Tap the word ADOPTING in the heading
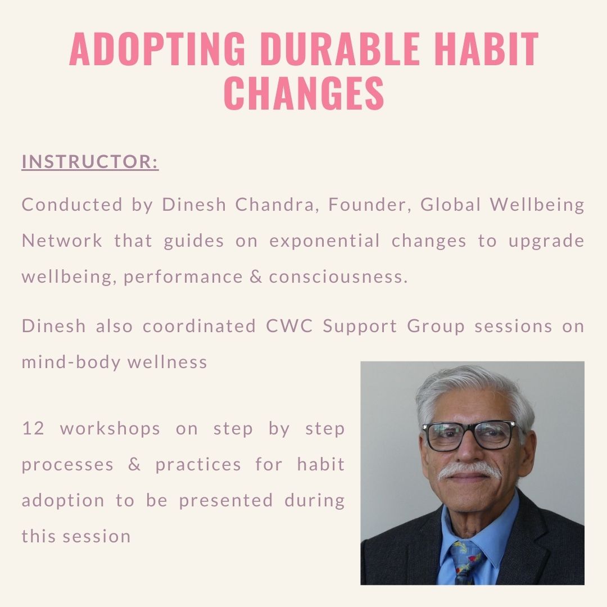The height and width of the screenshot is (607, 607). pyautogui.click(x=157, y=49)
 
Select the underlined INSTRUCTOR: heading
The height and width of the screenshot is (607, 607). pyautogui.click(x=90, y=162)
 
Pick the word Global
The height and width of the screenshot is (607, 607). pyautogui.click(x=451, y=205)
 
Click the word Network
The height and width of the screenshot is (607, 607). pyautogui.click(x=62, y=241)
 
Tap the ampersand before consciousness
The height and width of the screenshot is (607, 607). pyautogui.click(x=256, y=277)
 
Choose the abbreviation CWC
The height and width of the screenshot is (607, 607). pyautogui.click(x=289, y=326)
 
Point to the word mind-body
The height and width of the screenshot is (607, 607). pyautogui.click(x=71, y=363)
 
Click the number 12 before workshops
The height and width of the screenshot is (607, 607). pyautogui.click(x=33, y=428)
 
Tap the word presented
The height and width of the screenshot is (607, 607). pyautogui.click(x=226, y=501)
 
